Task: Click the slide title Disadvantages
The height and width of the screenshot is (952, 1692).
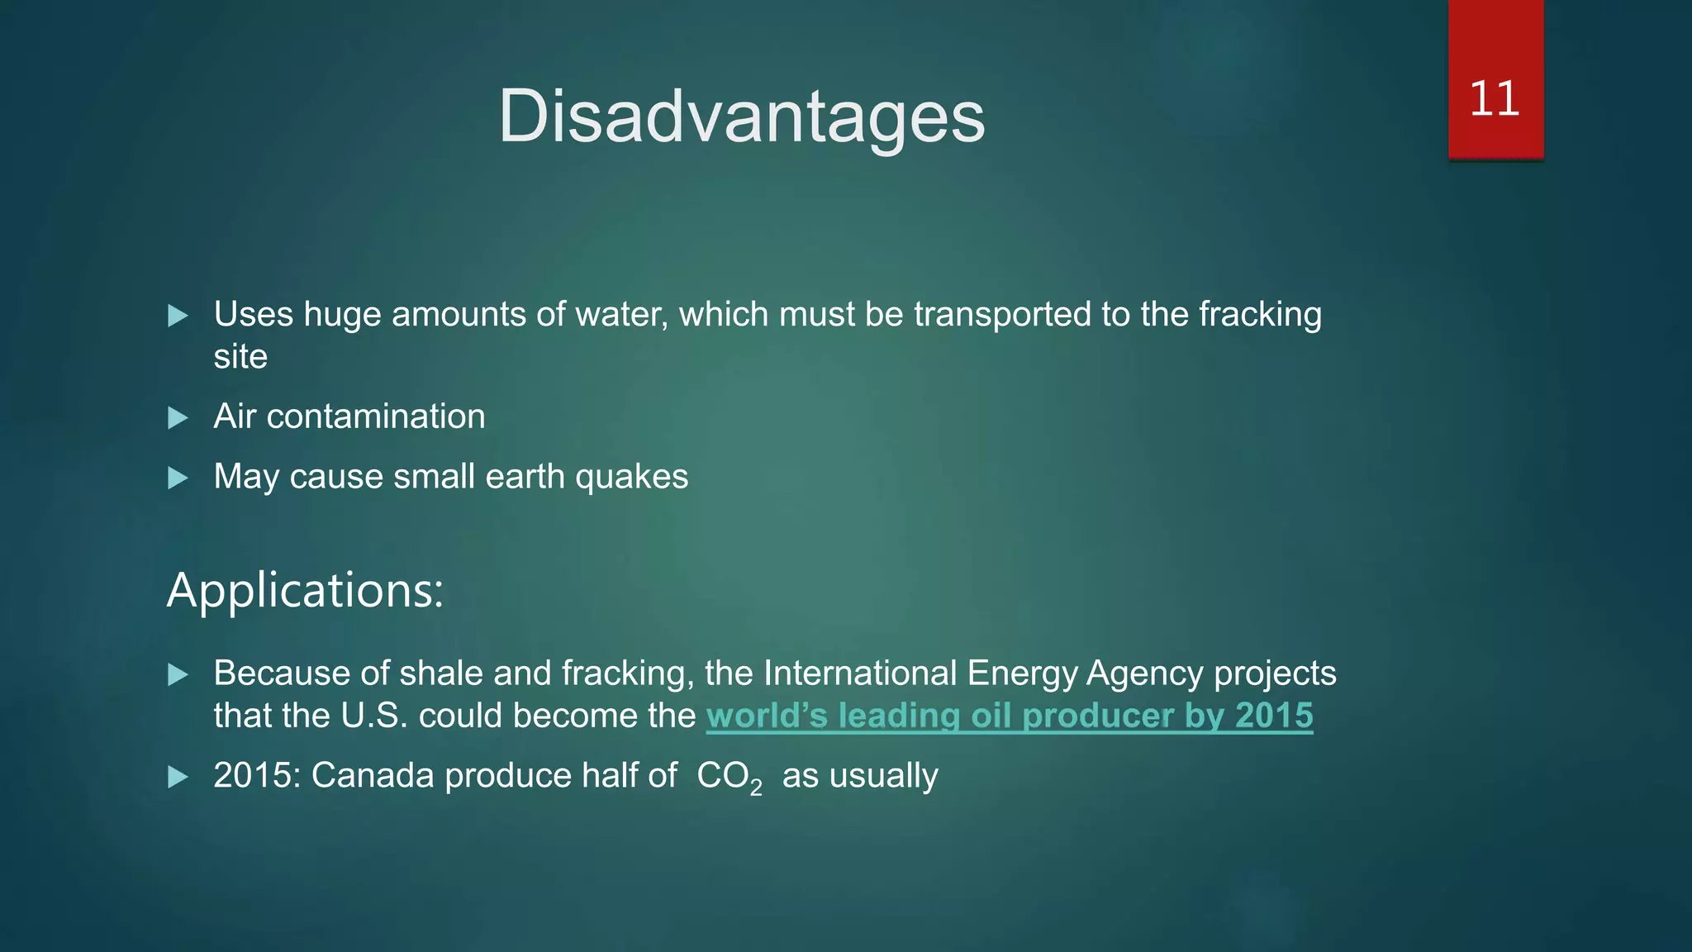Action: point(741,117)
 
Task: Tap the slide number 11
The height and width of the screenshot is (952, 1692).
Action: point(1495,99)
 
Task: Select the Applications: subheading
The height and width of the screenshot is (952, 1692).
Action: point(305,590)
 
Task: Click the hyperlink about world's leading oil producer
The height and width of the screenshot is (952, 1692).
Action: point(1009,716)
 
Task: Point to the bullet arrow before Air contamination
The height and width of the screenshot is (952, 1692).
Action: point(178,417)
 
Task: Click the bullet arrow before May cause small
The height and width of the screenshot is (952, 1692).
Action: point(178,478)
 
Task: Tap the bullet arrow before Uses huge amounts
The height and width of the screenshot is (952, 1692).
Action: point(178,316)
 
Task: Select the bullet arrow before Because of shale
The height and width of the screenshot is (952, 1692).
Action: point(178,674)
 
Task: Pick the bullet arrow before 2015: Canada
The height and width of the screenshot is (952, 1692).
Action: point(178,777)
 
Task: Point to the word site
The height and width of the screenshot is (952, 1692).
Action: point(240,357)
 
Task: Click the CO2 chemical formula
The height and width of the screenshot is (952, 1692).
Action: point(729,778)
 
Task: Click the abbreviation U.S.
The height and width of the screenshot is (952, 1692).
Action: point(374,716)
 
